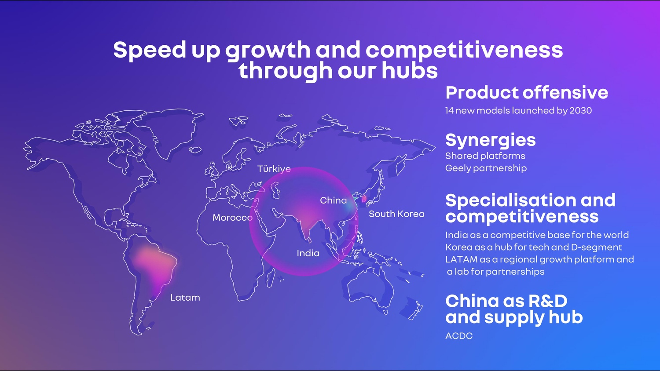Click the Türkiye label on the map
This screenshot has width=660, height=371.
pos(274,169)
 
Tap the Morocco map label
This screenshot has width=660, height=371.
pos(232,218)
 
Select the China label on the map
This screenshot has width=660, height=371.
pos(333,200)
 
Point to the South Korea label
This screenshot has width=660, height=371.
pos(396,214)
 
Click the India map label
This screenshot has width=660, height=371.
pos(308,253)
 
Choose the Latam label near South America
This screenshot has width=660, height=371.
pos(185,298)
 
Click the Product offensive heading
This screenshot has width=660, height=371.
pos(527,92)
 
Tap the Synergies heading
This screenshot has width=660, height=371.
pos(491,141)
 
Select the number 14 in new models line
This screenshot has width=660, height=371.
pos(449,111)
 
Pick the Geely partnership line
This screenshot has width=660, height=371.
pos(486,168)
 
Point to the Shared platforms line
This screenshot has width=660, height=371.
pos(485,156)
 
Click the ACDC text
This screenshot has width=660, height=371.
pos(459,336)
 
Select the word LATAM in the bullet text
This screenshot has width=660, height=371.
pos(462,259)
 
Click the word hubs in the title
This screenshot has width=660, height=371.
pos(410,71)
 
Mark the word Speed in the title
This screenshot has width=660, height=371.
pos(150,50)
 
